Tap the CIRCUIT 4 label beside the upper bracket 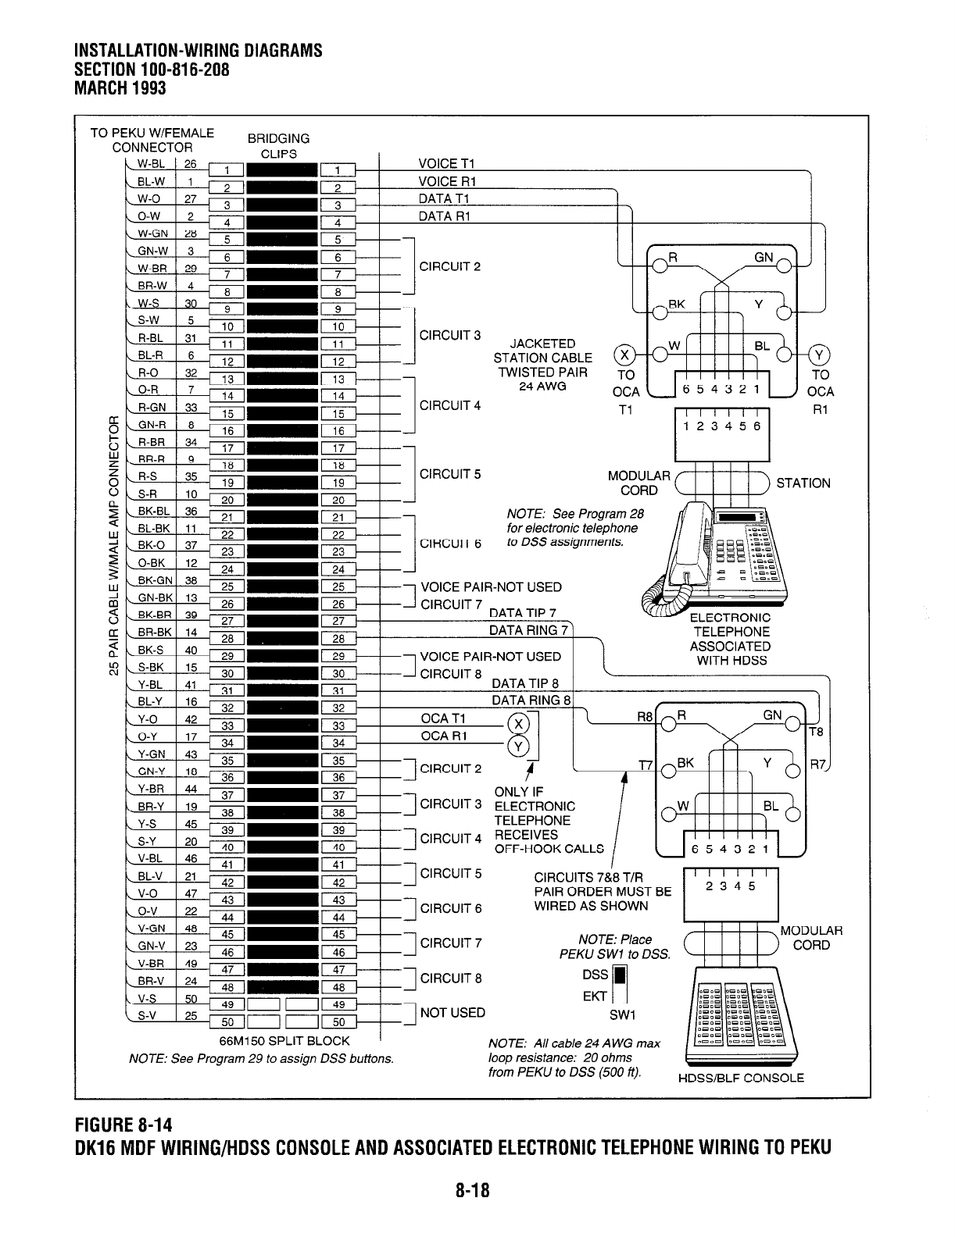pos(450,405)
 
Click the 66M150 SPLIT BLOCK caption pos(284,1041)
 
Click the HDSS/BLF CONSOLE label pos(740,1078)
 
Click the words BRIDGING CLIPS pos(278,146)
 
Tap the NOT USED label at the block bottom pos(452,1013)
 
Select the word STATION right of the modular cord pos(803,483)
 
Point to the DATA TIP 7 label pos(522,612)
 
